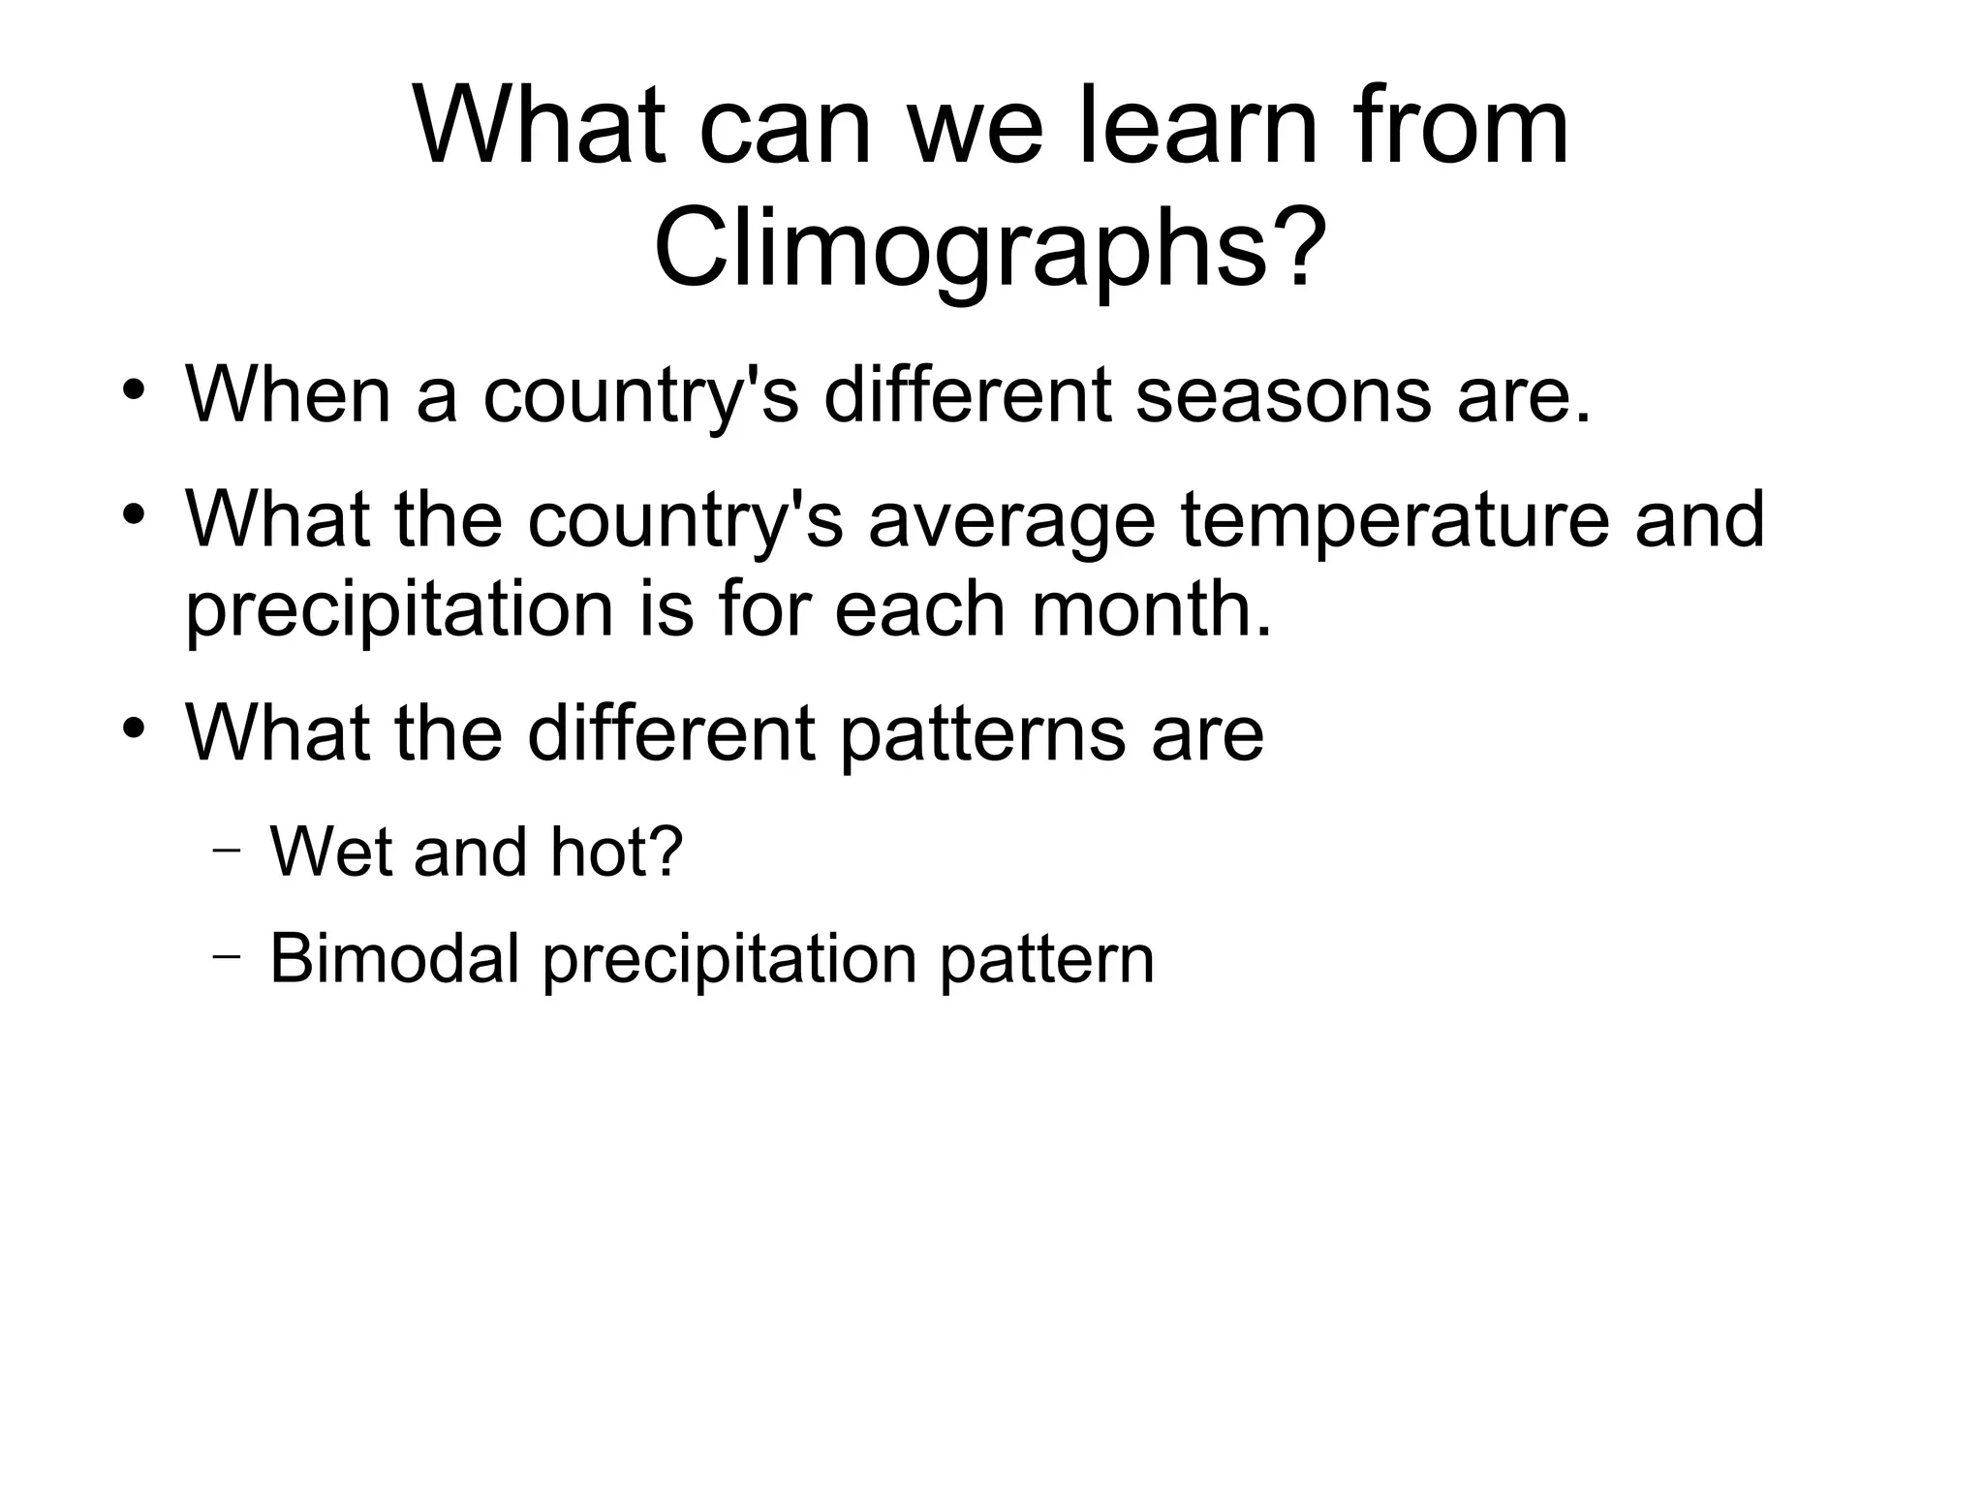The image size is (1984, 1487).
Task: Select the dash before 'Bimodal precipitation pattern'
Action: pos(226,958)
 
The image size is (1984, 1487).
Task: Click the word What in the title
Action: pos(541,127)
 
